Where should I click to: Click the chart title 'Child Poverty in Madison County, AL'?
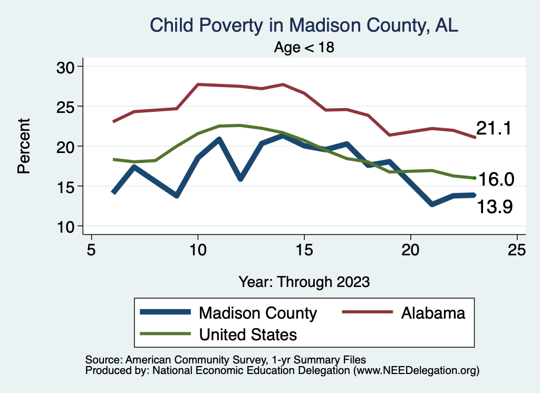tap(304, 25)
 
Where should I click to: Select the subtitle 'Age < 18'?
tap(304, 47)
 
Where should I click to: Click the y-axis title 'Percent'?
tap(23, 146)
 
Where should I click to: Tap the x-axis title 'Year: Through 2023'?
tap(304, 281)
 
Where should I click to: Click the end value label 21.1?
tap(494, 128)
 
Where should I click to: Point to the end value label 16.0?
tap(496, 179)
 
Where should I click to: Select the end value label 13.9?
tap(495, 207)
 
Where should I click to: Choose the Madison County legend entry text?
tap(258, 313)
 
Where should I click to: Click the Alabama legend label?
tap(433, 313)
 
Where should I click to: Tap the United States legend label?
tap(248, 334)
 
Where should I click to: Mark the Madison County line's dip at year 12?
tap(240, 179)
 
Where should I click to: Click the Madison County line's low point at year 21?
tap(432, 204)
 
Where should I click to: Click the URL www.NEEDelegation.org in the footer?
tap(417, 371)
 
